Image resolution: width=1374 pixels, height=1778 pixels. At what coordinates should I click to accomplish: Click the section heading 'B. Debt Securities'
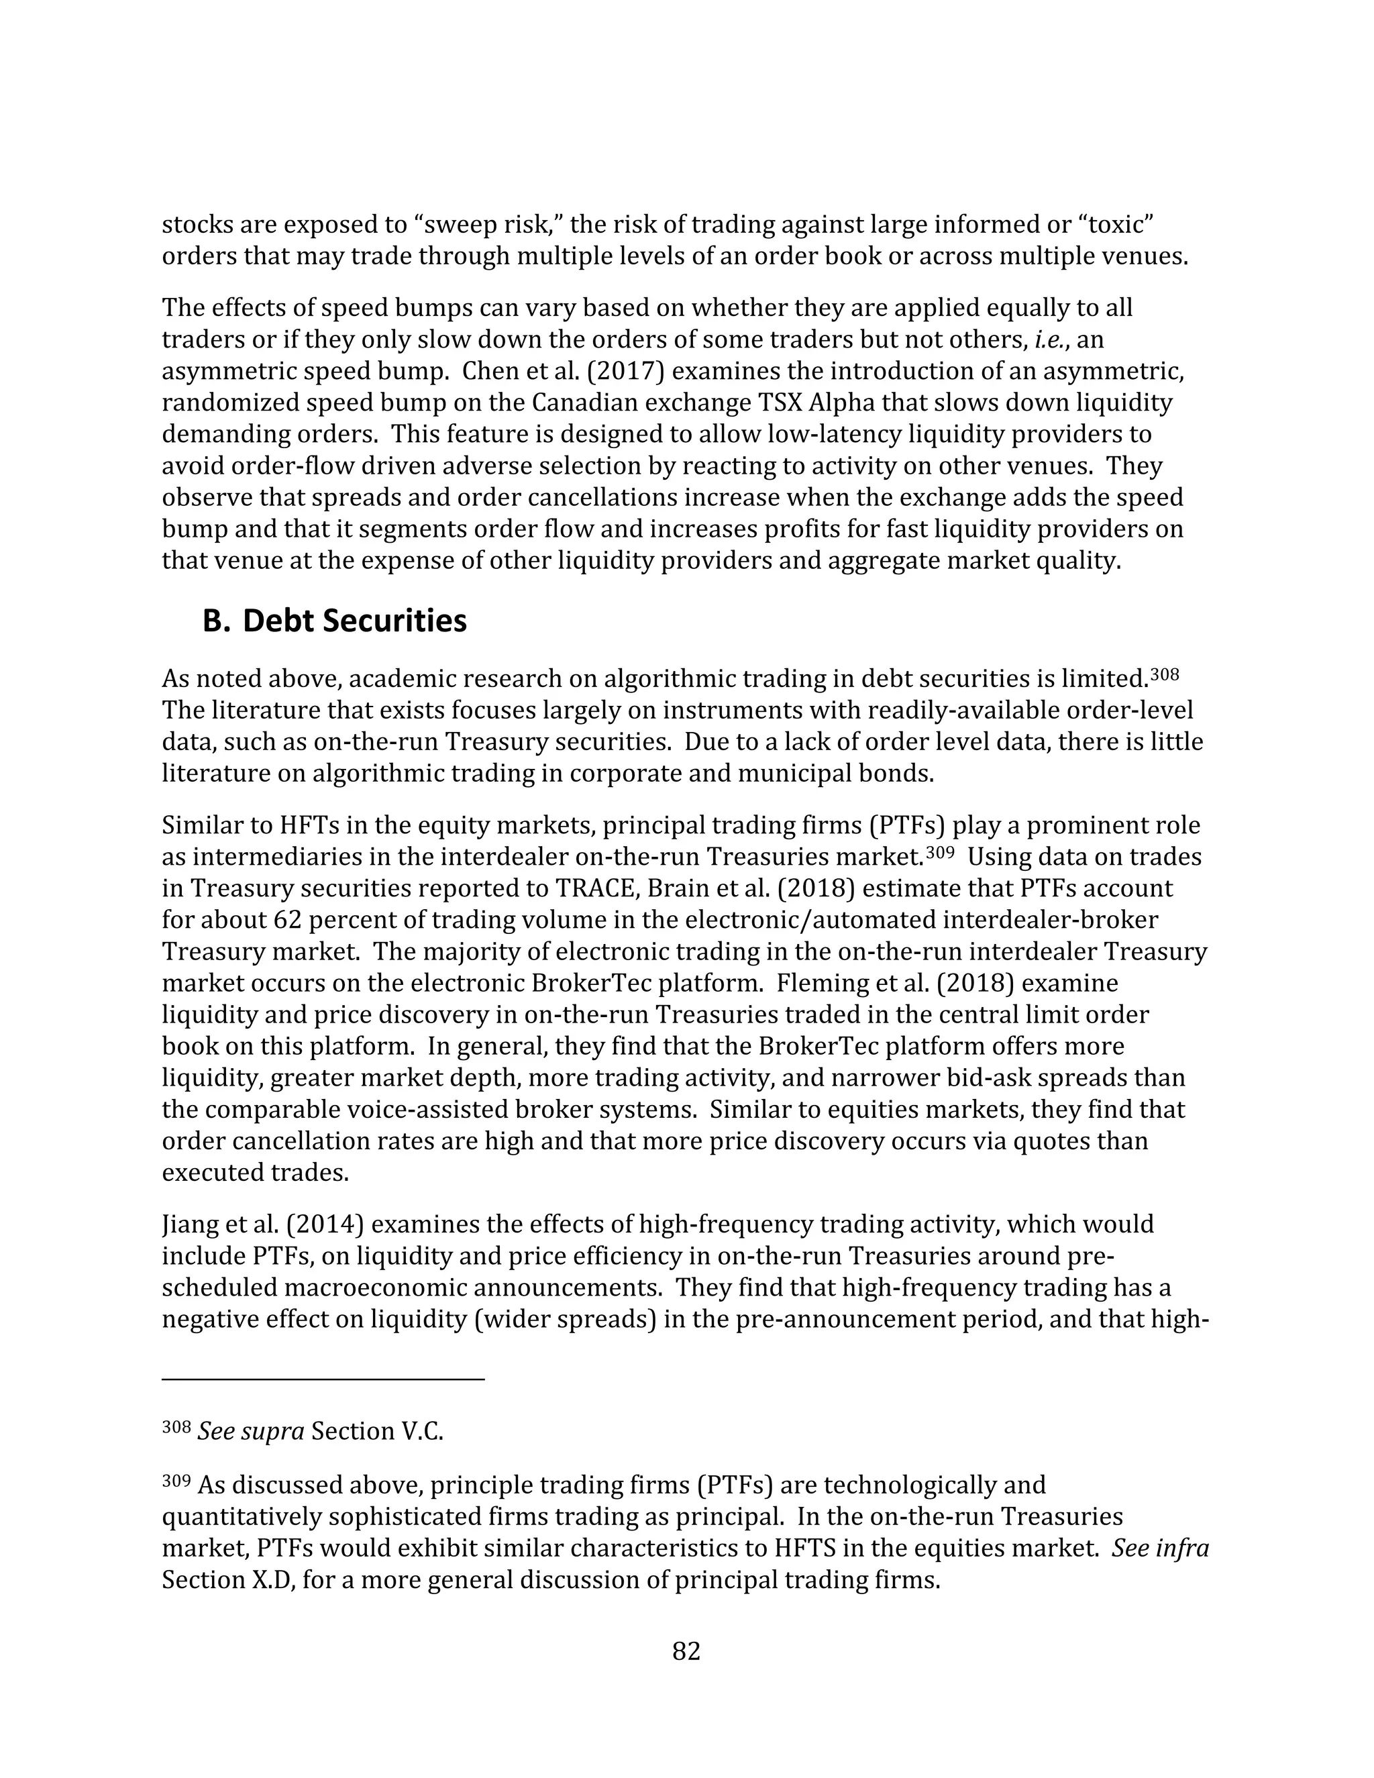coord(335,621)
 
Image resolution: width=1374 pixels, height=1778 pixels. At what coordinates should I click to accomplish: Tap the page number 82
coord(686,1651)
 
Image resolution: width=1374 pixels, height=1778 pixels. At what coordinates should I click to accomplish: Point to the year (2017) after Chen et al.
coord(625,371)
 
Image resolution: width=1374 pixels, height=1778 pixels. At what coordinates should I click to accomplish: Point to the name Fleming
coord(822,984)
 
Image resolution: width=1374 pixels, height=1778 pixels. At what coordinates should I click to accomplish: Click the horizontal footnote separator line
coord(323,1379)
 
